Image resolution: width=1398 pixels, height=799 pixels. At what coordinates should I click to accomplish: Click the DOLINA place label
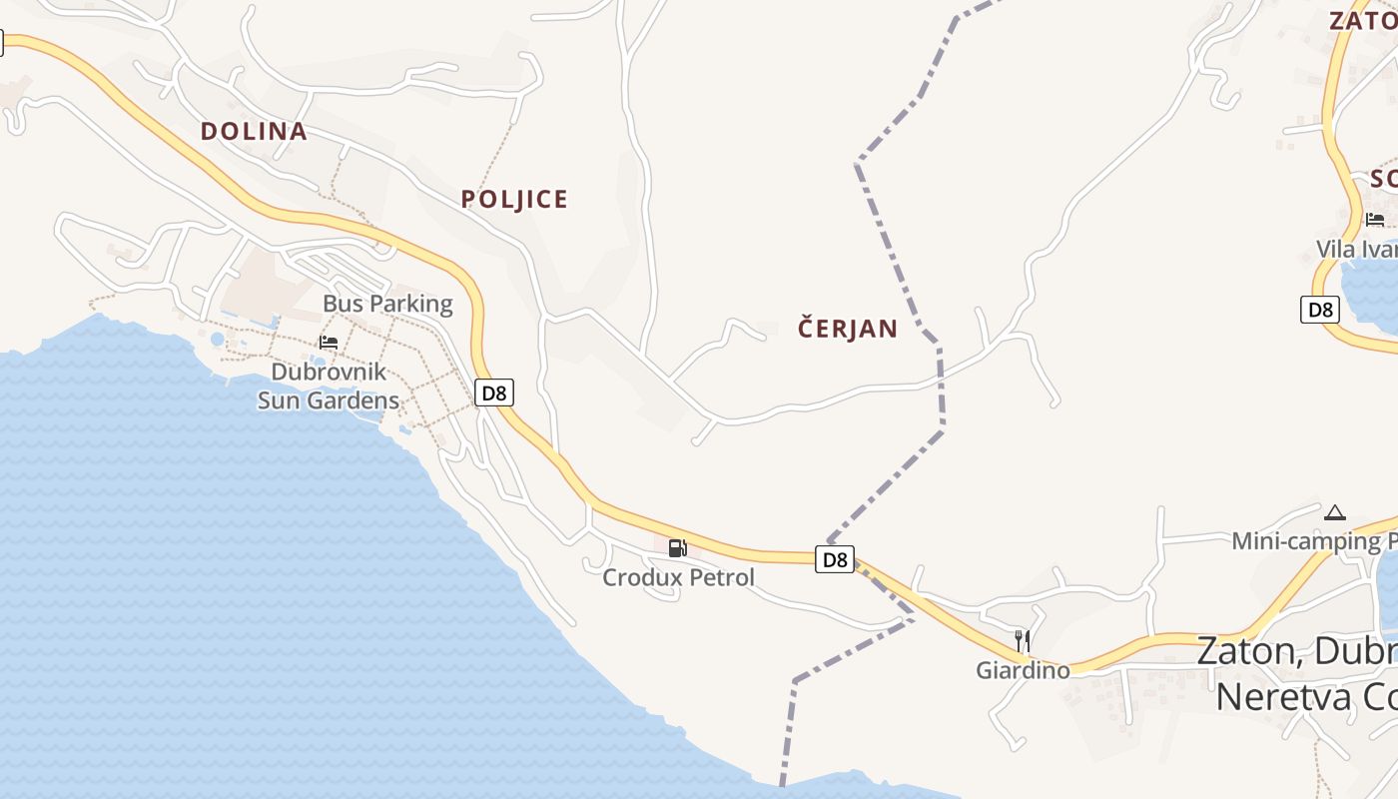click(x=254, y=131)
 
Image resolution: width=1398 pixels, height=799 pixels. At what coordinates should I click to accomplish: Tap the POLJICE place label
click(x=514, y=199)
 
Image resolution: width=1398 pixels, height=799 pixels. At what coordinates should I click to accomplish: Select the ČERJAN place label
click(x=848, y=329)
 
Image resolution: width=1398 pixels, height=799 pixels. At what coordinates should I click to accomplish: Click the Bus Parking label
click(x=387, y=304)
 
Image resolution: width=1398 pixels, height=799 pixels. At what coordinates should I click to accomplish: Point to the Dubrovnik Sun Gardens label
click(x=329, y=387)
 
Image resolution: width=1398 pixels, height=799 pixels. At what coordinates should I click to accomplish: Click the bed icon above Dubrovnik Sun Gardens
click(x=329, y=343)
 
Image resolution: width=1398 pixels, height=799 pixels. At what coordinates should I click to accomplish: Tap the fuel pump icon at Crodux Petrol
click(x=677, y=547)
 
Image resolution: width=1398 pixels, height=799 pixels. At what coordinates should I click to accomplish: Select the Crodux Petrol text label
click(x=679, y=577)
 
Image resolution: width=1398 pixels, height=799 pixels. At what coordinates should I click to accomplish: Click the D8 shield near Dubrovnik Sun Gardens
click(x=493, y=393)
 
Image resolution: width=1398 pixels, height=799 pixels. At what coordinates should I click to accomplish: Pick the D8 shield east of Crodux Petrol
click(x=835, y=559)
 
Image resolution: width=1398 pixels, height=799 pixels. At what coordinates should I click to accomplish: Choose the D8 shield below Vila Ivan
click(x=1320, y=310)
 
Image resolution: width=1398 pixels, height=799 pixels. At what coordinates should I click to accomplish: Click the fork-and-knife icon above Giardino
click(x=1022, y=639)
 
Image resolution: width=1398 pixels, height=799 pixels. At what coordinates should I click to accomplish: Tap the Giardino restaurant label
click(x=1023, y=670)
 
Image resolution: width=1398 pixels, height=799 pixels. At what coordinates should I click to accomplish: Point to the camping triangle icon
click(x=1334, y=513)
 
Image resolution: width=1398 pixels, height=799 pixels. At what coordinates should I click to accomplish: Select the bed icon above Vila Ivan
click(x=1375, y=220)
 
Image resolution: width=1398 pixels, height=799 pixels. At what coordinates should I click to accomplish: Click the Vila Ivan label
click(x=1356, y=249)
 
